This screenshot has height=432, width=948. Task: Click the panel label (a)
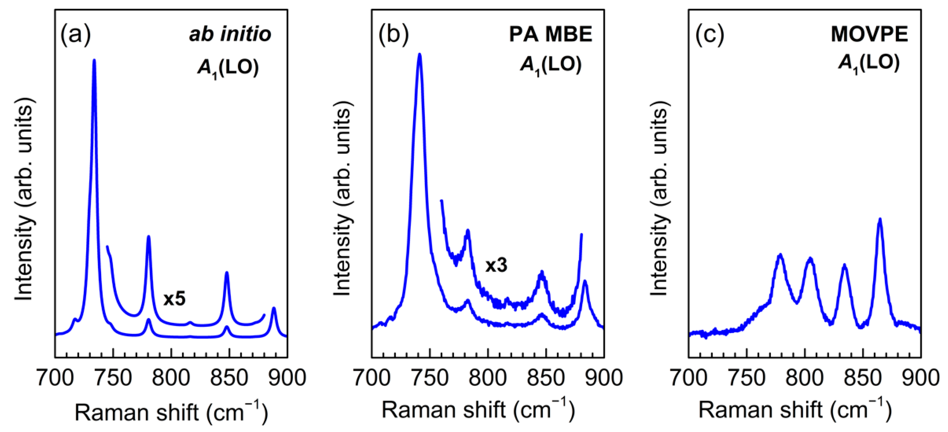click(x=76, y=35)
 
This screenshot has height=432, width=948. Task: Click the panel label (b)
click(x=393, y=35)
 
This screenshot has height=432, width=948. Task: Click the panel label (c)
click(x=710, y=35)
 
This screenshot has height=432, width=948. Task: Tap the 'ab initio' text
click(x=230, y=34)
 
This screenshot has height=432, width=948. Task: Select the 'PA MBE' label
click(x=550, y=34)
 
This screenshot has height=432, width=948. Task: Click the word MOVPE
click(x=869, y=34)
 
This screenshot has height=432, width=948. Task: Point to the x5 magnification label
click(x=175, y=299)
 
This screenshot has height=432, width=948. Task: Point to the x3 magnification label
click(x=496, y=265)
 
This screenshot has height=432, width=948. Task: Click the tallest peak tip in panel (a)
click(x=94, y=60)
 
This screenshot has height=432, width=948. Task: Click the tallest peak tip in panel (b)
click(x=419, y=55)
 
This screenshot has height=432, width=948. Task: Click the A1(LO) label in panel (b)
click(x=550, y=65)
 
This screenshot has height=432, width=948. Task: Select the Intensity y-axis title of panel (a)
click(x=25, y=199)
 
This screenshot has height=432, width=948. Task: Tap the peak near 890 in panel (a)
click(x=273, y=308)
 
